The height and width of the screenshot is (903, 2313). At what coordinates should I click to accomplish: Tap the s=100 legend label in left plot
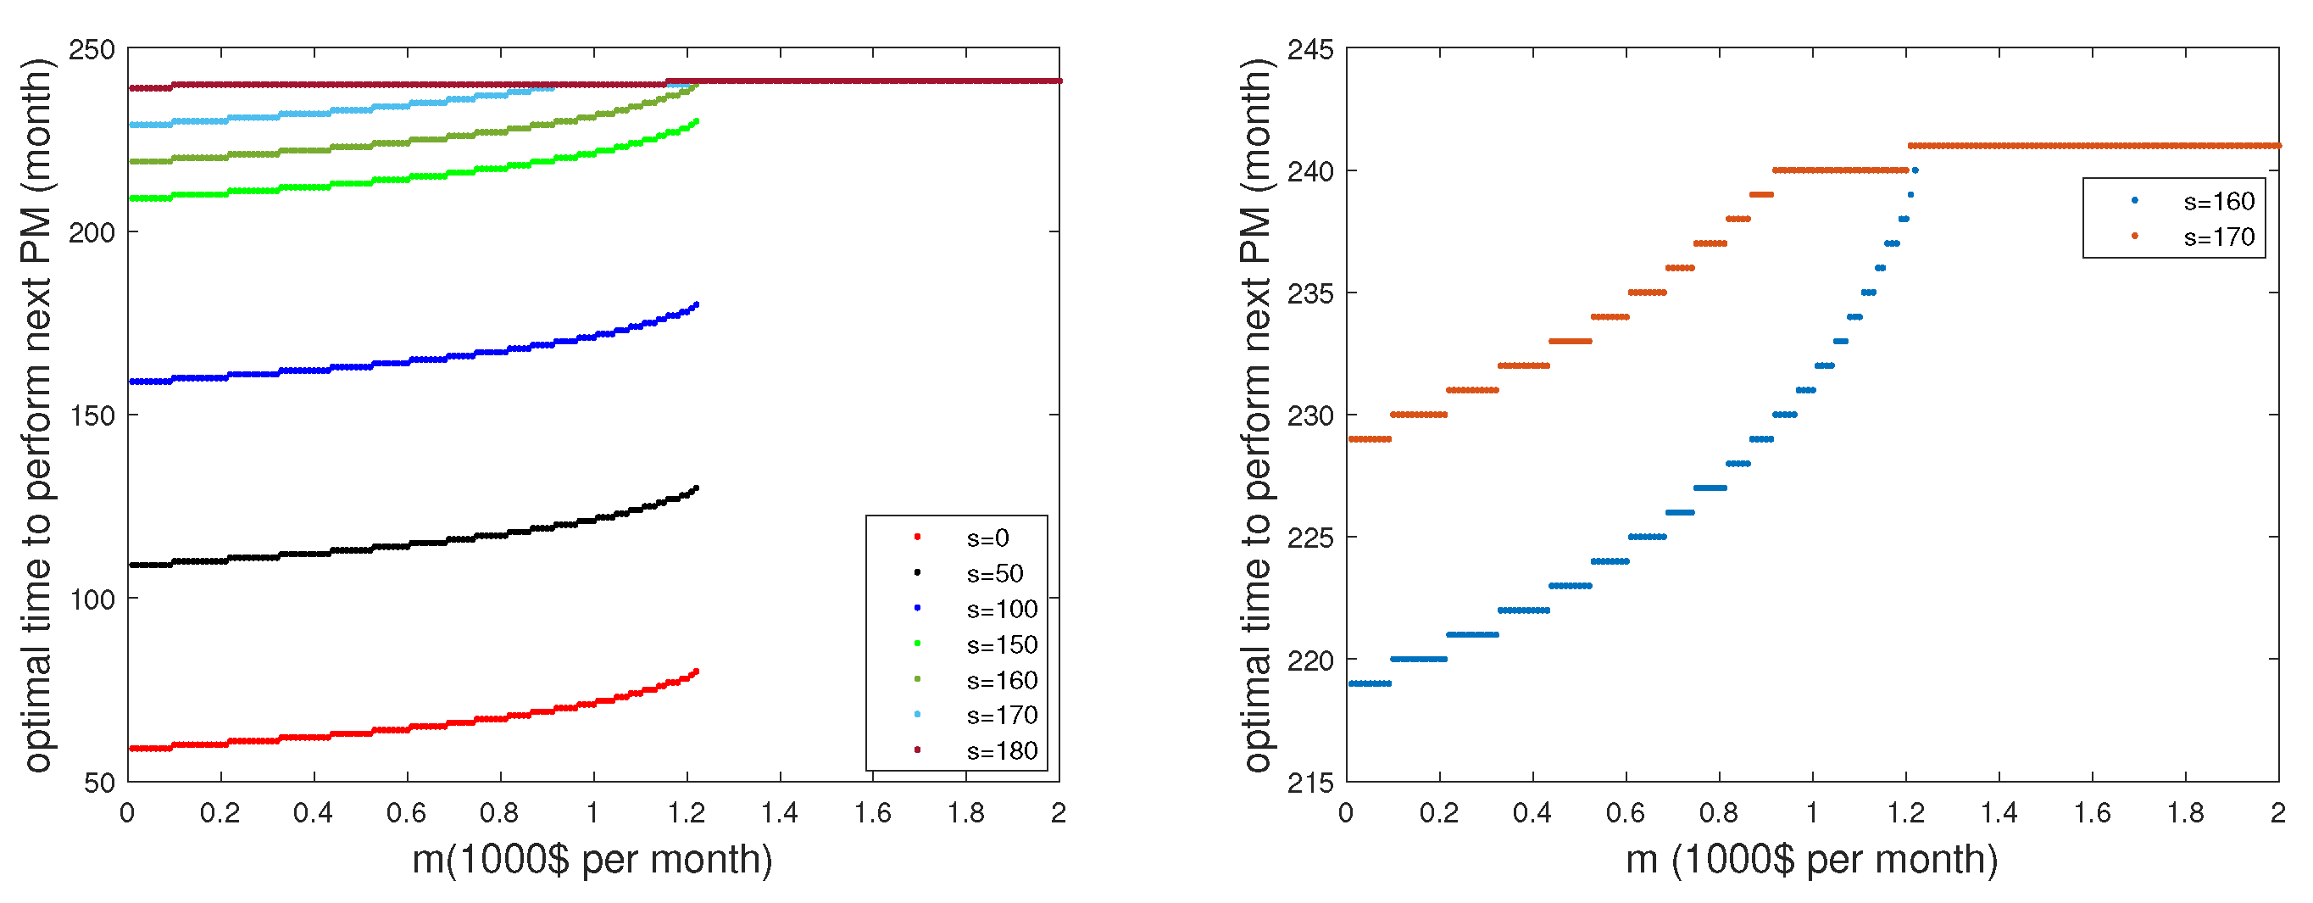(1001, 609)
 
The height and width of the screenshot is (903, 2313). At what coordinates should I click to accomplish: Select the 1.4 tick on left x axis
(780, 813)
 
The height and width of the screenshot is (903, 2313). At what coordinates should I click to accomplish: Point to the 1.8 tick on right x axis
(2185, 813)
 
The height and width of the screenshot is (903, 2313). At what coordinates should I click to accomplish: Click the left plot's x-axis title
(592, 860)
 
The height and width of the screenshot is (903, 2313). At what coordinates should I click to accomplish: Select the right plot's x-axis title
(1811, 860)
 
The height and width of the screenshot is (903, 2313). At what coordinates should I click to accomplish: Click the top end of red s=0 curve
(696, 672)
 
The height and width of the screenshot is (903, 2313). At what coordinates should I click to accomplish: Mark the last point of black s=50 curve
(696, 488)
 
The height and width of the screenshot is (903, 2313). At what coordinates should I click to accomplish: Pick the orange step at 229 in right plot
(1370, 439)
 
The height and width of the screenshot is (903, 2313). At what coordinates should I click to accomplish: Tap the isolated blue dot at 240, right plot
(1915, 170)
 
